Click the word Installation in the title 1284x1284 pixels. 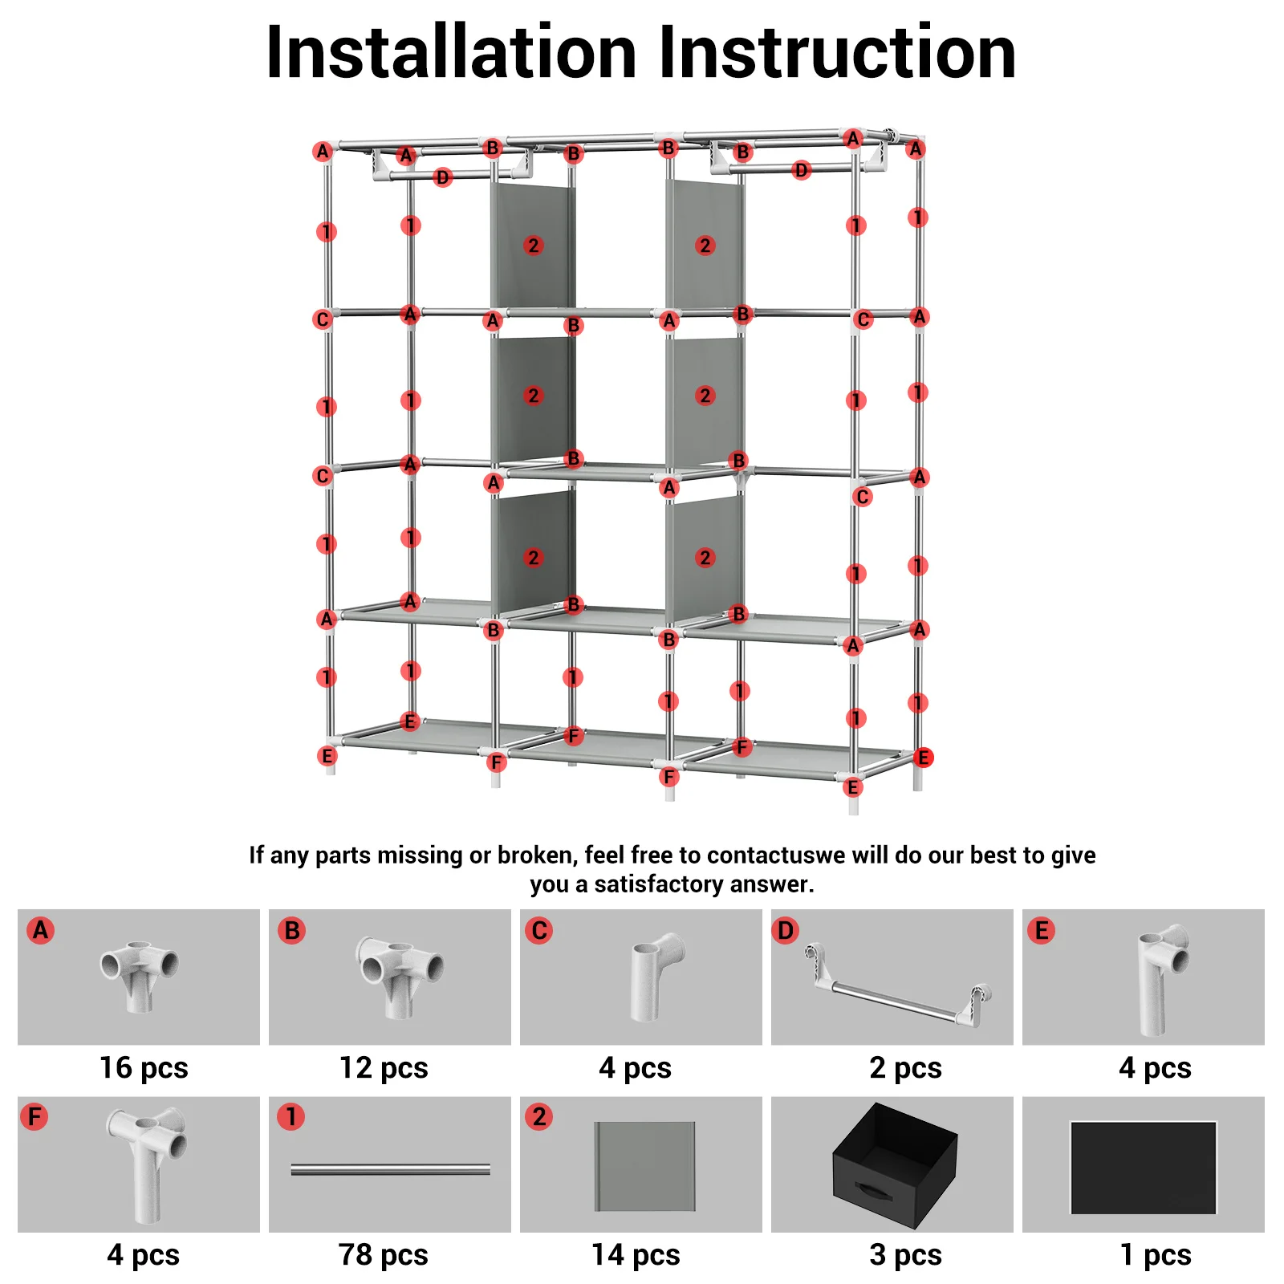(451, 53)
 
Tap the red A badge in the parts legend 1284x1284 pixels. (40, 930)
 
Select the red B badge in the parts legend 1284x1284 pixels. (291, 930)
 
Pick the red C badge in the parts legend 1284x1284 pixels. (539, 930)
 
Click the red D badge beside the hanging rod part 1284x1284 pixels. (786, 930)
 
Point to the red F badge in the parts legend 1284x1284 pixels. (35, 1116)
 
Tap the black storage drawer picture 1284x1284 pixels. (895, 1164)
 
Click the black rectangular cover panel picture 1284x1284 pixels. (1144, 1168)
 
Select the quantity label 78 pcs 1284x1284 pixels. (383, 1254)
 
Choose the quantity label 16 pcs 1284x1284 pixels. (144, 1068)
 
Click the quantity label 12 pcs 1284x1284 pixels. (384, 1068)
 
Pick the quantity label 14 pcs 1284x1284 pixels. (636, 1254)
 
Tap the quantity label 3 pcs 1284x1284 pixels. (905, 1254)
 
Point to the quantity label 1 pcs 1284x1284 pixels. (1156, 1254)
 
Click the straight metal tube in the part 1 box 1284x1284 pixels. (390, 1170)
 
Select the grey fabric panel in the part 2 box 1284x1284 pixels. (644, 1166)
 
